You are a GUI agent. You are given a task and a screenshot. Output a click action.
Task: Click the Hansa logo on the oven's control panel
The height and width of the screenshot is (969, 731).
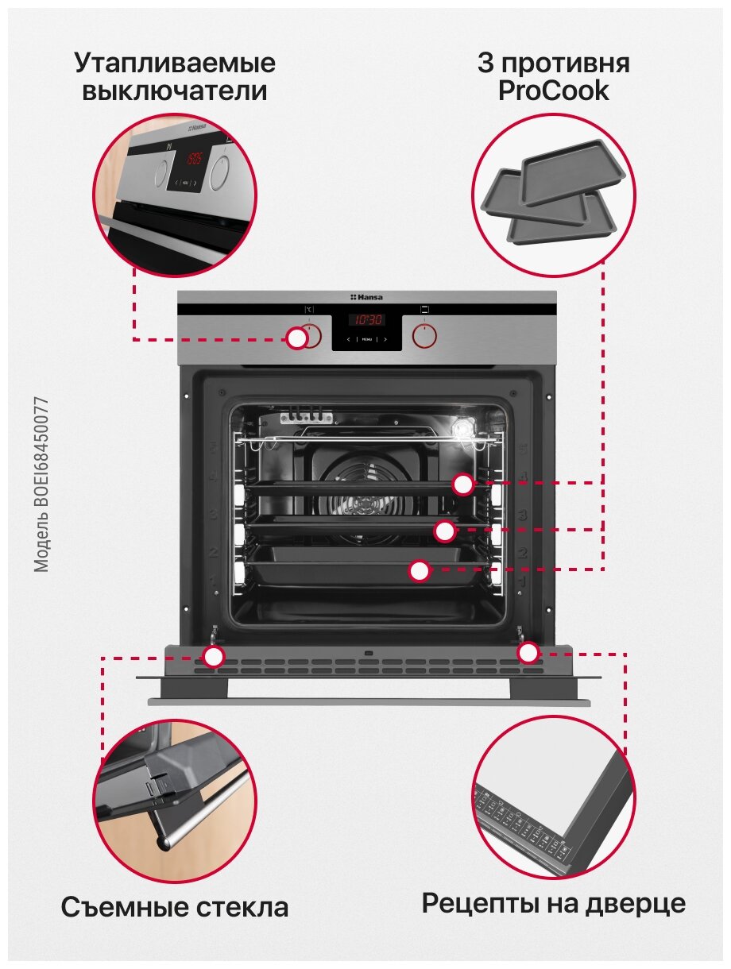366,297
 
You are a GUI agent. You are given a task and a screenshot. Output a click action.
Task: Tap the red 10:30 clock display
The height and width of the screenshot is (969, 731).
368,319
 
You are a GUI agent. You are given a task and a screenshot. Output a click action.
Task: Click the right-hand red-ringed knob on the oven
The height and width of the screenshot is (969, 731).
425,336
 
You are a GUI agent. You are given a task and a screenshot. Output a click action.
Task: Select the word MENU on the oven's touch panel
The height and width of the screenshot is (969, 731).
366,339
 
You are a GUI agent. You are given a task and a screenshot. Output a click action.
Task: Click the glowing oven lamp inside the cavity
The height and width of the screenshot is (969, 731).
461,429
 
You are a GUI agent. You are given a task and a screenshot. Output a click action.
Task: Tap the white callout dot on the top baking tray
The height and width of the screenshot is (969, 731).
463,484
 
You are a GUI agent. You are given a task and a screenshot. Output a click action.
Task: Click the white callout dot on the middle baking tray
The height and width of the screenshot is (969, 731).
445,530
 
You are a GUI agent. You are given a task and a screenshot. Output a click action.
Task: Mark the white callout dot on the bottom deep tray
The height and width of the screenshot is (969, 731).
420,569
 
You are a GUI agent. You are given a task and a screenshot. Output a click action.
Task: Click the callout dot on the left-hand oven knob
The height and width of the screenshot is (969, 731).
296,338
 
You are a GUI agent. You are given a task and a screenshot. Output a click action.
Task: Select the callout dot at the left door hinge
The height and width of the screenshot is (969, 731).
213,656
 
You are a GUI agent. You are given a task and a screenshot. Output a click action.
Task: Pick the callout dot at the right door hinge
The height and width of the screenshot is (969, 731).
528,653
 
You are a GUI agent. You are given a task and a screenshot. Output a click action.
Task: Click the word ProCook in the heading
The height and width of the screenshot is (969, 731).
553,91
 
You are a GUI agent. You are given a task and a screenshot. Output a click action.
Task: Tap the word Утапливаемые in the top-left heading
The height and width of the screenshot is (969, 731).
174,62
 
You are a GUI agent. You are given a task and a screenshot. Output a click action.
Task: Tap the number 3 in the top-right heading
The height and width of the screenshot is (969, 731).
485,63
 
